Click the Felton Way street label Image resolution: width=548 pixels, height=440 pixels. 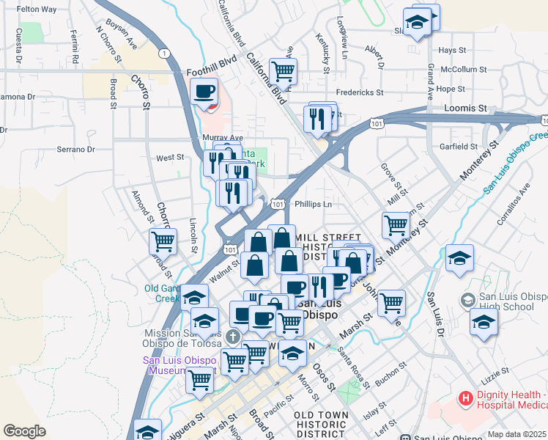(x=37, y=10)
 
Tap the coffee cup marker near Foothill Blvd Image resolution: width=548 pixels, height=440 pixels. (x=204, y=92)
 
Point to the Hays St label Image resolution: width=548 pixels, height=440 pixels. (x=452, y=50)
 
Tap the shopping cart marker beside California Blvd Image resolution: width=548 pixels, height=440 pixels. (x=283, y=72)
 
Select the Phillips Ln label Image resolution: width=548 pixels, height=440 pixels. (x=313, y=205)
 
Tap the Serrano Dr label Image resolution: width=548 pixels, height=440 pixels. (x=76, y=150)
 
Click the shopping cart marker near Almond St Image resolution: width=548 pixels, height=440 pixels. (x=163, y=240)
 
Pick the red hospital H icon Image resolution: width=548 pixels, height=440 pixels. (x=464, y=400)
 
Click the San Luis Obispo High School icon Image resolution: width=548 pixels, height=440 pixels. (x=467, y=300)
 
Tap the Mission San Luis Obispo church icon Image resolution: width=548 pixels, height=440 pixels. (x=232, y=337)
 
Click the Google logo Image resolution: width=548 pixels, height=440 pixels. (x=24, y=431)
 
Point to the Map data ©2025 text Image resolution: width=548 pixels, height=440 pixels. (x=517, y=434)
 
